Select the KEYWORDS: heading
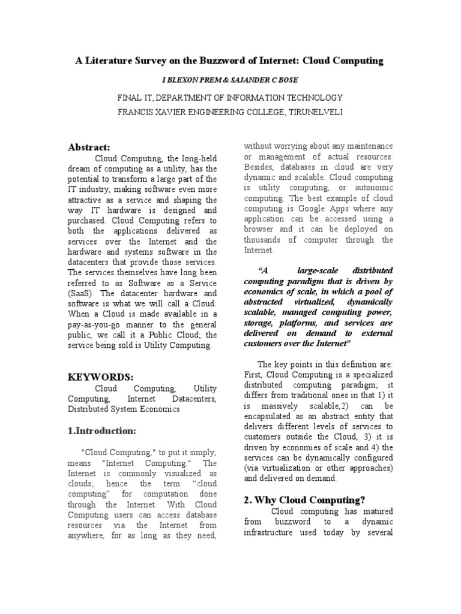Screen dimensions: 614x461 click(100, 377)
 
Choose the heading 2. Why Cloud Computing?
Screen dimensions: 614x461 click(304, 500)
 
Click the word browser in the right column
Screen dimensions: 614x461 click(261, 229)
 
